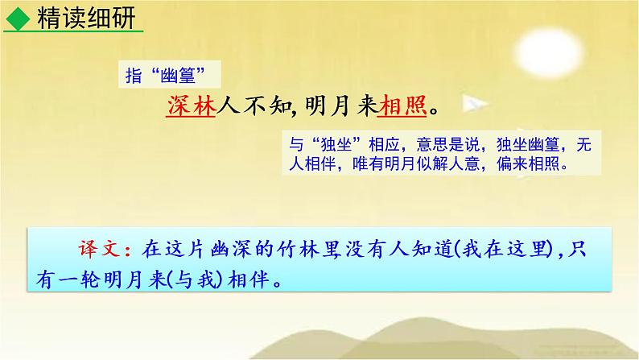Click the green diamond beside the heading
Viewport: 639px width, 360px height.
pyautogui.click(x=18, y=19)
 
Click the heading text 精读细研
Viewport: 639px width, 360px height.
pyautogui.click(x=86, y=19)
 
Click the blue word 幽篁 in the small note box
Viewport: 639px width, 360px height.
pyautogui.click(x=178, y=76)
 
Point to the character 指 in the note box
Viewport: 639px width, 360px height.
pyautogui.click(x=134, y=76)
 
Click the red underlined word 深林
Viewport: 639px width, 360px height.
pyautogui.click(x=191, y=106)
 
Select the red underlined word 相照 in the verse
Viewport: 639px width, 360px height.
pyautogui.click(x=402, y=106)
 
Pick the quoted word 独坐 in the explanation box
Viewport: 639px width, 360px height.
pyautogui.click(x=336, y=145)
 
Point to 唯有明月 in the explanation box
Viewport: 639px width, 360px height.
pyautogui.click(x=384, y=164)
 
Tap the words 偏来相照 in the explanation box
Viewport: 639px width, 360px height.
pyautogui.click(x=528, y=164)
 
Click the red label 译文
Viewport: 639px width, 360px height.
pyautogui.click(x=99, y=249)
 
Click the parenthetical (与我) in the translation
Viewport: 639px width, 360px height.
pyautogui.click(x=195, y=279)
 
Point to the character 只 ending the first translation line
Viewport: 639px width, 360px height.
pyautogui.click(x=577, y=249)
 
